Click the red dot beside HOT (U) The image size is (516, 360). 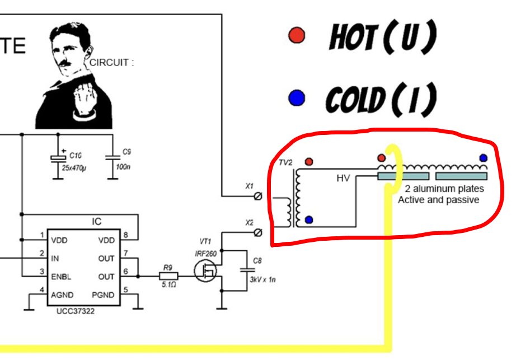pos(296,36)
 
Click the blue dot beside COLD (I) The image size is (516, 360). pos(296,99)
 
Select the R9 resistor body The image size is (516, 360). pos(167,276)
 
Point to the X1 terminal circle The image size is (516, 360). pos(258,196)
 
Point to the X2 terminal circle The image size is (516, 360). pos(258,232)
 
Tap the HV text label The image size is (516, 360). pos(343,179)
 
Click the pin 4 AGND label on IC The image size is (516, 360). pos(63,295)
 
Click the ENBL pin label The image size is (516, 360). pos(61,277)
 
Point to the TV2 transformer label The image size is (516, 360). pos(286,163)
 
